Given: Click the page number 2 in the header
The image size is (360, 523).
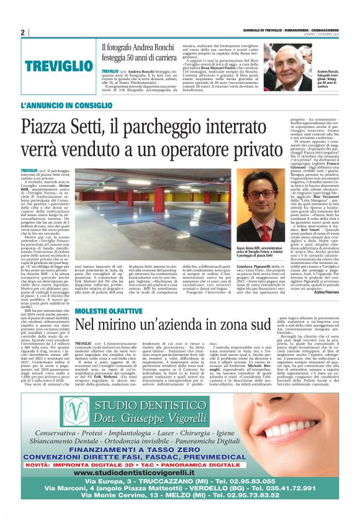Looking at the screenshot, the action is point(22,33).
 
